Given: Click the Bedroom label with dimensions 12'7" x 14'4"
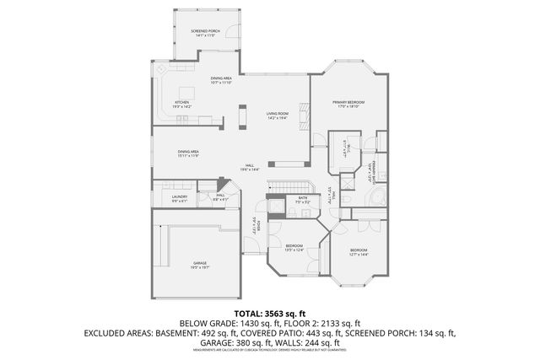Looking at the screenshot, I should (x=359, y=252).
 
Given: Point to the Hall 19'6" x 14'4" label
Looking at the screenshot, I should (x=250, y=167).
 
